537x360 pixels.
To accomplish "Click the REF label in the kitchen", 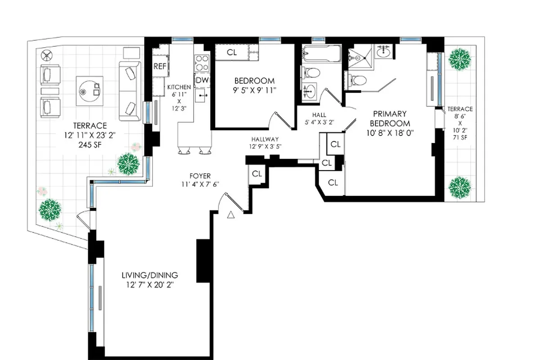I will tap(160, 67).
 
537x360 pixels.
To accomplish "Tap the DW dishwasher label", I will tap(203, 80).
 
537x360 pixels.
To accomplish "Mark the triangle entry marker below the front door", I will tap(231, 215).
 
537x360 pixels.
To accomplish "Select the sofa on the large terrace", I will tap(130, 91).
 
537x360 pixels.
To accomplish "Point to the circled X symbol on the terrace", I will tap(47, 56).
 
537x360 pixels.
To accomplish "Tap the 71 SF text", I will tap(460, 137).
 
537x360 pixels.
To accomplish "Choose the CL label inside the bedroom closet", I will tap(231, 53).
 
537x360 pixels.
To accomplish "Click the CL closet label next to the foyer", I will tap(257, 173).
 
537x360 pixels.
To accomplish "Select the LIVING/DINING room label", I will tap(150, 275).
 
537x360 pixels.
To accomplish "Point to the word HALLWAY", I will tap(265, 139).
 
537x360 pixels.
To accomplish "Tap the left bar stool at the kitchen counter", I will tap(184, 151).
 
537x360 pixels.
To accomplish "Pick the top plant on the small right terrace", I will tap(460, 58).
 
